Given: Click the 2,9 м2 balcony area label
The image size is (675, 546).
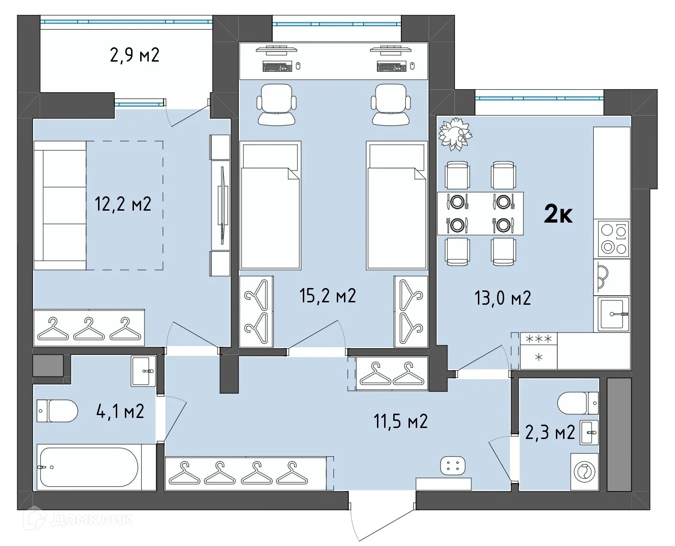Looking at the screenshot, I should coord(134,55).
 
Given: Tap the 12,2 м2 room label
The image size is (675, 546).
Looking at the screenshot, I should coord(123,204).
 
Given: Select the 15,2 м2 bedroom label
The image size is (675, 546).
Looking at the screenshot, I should coord(328,296).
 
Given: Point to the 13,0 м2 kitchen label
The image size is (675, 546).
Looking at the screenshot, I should coord(502,298).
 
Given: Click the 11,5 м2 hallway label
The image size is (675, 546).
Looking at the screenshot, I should coord(400,422).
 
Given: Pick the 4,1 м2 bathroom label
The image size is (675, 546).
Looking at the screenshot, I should coord(120,411).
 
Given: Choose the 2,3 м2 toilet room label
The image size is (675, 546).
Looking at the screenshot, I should coord(550,433).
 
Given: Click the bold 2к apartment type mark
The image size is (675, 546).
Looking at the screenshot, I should coord(558,215).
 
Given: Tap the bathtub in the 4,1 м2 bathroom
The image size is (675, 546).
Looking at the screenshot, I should coord(89,467).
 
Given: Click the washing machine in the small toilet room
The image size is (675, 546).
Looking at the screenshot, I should coord(584,472).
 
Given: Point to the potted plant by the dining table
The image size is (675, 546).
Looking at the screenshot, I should coord(455,134).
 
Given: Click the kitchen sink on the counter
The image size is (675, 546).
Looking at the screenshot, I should coord(612,314).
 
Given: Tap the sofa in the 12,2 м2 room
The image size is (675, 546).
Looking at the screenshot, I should coord(60,205).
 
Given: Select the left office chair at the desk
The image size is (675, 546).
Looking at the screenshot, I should coord(276,105).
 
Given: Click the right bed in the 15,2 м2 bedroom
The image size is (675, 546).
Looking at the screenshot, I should coord(397,205).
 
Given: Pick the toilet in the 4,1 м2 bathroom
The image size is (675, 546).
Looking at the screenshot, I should coord(57,411).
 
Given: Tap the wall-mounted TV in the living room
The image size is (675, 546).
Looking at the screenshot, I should coord(221,205).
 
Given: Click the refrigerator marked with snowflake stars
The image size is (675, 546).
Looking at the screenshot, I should coord(539,351).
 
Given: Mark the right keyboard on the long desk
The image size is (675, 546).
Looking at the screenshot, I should coord(391,66).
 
